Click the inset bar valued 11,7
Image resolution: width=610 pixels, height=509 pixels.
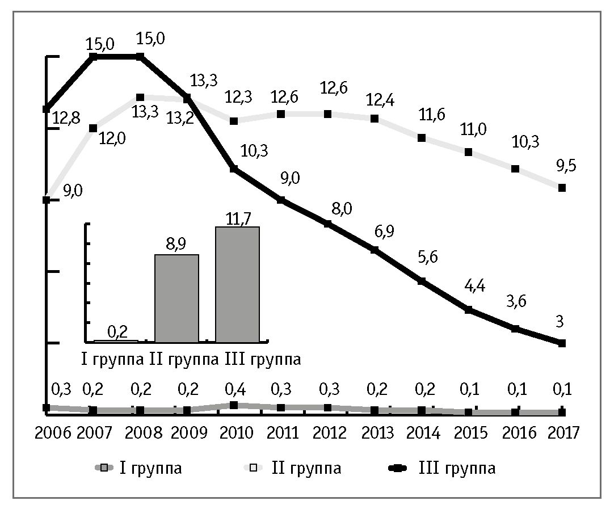(237, 284)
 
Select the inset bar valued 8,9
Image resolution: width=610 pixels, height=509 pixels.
(176, 298)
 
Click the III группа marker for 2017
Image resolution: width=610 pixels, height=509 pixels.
(562, 343)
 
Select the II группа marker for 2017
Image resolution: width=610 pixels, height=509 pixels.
(562, 187)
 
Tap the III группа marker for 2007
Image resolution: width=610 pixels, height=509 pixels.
(94, 56)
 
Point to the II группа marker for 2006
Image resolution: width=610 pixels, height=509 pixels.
(47, 199)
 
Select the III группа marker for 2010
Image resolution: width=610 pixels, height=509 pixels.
(233, 169)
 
